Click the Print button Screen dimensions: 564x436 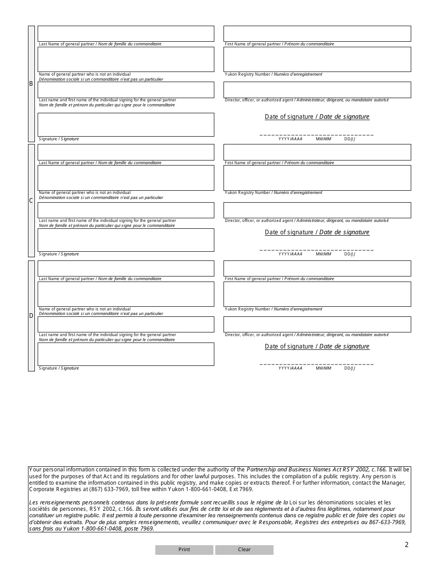coord(184,550)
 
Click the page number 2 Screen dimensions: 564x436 coord(407,545)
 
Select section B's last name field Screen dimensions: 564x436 coord(126,34)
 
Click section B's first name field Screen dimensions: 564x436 coord(317,34)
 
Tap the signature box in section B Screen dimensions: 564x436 coord(126,125)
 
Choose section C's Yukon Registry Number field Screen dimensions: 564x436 coord(317,177)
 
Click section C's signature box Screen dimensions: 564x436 coord(126,240)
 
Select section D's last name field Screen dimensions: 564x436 coord(126,269)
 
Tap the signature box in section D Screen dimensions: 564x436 coord(126,354)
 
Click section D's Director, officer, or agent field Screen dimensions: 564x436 coord(317,324)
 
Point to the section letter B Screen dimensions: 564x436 coord(31,84)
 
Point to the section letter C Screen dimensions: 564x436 coord(31,200)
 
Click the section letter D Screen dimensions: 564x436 coord(31,315)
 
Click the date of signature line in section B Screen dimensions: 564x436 coord(317,134)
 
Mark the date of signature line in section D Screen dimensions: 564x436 coord(317,364)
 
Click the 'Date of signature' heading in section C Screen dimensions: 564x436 coord(317,232)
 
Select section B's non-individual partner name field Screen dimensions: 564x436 coord(126,59)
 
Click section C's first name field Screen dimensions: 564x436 coord(317,152)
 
